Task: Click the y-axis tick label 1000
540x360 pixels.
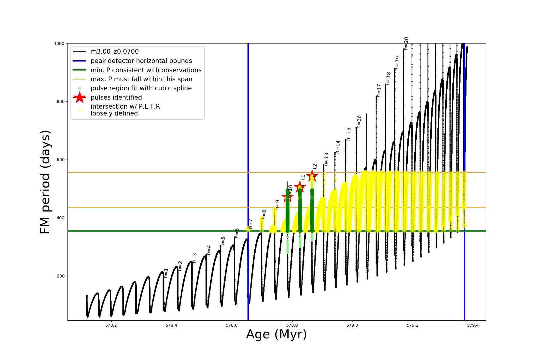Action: tap(59, 43)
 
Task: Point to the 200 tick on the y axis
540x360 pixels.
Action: tap(60, 276)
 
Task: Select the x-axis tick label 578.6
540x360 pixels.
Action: tap(232, 325)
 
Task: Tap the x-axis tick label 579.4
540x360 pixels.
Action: tap(473, 325)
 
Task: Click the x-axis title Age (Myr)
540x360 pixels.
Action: tap(276, 334)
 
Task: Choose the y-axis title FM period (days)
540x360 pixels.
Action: tap(45, 182)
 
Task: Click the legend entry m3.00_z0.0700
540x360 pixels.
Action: tap(115, 52)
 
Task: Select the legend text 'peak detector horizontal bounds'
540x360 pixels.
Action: tap(141, 61)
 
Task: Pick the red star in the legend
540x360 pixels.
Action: tap(79, 97)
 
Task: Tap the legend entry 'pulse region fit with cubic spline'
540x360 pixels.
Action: tap(141, 88)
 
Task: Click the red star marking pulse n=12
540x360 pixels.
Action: tap(312, 176)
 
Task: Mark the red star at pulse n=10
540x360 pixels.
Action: tap(287, 197)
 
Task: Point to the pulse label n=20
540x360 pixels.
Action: tap(406, 43)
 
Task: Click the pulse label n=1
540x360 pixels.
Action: tap(166, 273)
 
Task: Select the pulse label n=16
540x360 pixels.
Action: tap(359, 122)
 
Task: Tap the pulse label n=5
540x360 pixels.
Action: tap(223, 241)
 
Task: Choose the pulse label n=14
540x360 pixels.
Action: tap(338, 147)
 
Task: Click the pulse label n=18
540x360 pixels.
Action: tap(388, 79)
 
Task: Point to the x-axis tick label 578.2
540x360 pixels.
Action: tap(111, 325)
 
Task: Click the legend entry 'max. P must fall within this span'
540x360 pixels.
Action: tap(141, 79)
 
